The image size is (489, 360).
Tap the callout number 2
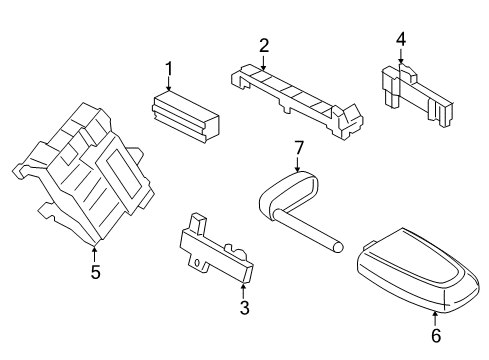264,45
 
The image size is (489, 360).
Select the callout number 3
243,307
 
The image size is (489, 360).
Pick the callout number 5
94,270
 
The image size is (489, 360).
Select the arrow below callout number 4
400,57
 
